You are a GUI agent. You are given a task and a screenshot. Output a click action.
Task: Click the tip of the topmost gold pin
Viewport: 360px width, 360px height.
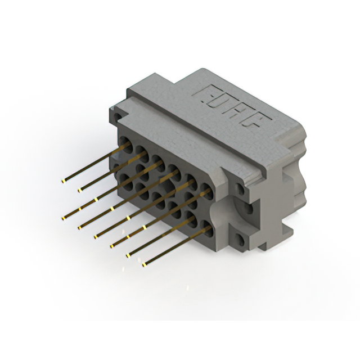[x=63, y=181]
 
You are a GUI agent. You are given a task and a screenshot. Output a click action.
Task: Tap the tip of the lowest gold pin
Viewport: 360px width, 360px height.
[x=144, y=265]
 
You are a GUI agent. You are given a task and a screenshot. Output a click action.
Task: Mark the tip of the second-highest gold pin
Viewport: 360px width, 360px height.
[x=80, y=190]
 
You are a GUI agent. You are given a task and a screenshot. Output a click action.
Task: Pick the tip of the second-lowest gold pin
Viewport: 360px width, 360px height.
[x=128, y=255]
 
